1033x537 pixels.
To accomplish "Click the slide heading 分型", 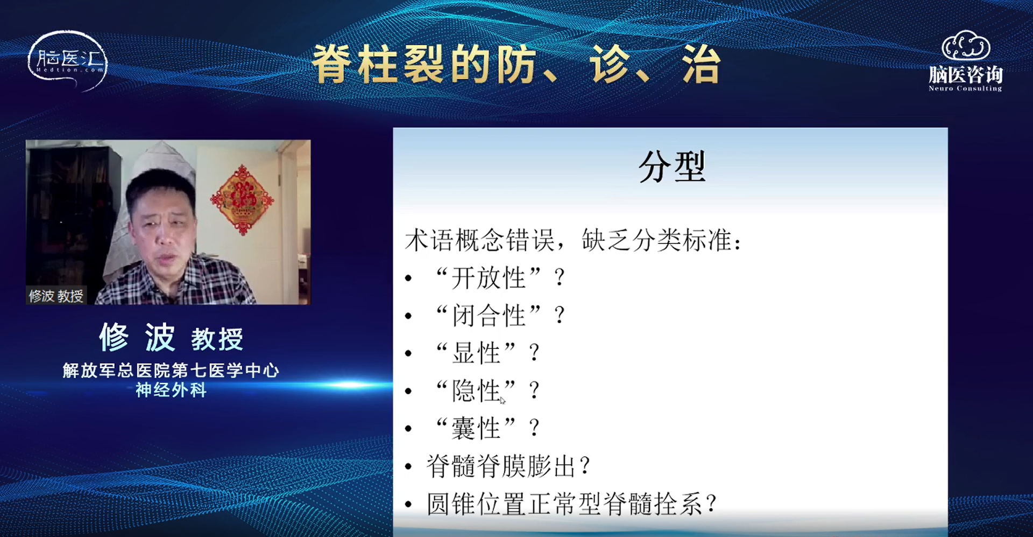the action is (671, 166).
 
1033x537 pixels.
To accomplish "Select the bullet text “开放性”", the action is (489, 278).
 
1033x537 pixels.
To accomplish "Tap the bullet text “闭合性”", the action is (489, 315).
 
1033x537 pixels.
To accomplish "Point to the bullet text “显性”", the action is (476, 353).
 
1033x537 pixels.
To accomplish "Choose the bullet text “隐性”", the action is (476, 390).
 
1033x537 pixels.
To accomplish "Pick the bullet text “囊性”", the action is (476, 428).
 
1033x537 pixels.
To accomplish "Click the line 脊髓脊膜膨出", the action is (501, 466).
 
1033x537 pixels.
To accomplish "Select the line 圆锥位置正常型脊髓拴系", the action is (564, 504).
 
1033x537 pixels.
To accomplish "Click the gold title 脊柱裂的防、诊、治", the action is (516, 64).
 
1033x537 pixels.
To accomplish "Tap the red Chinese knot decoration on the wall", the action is (242, 199).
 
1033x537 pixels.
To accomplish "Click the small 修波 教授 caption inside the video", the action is (56, 296).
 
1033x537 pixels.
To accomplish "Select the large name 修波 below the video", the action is (137, 337).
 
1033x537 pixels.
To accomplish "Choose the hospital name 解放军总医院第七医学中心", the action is (171, 370).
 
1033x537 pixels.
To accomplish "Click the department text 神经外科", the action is (171, 389).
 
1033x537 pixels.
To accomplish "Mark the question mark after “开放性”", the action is (560, 278).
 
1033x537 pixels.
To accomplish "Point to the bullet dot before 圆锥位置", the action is (409, 505).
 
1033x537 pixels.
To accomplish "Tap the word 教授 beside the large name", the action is (217, 339).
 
